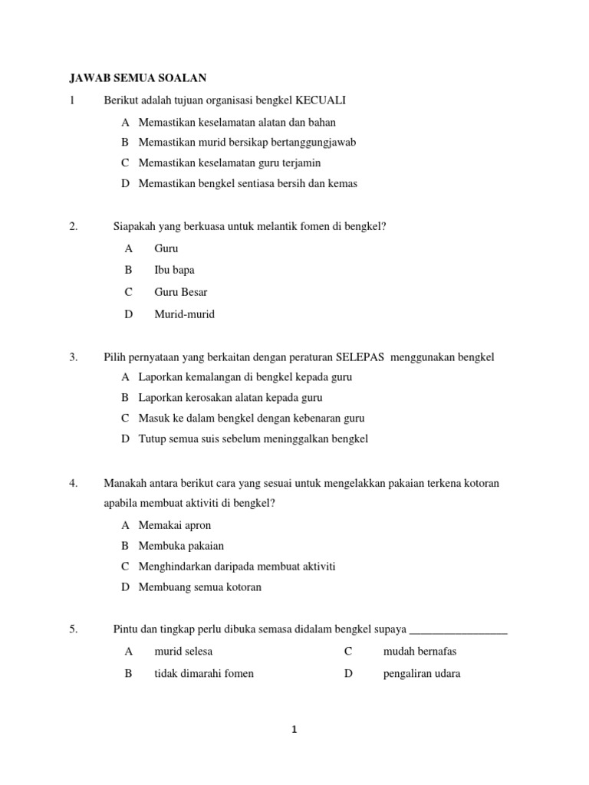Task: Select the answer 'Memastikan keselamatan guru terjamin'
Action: click(x=229, y=163)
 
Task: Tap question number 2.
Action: click(x=74, y=226)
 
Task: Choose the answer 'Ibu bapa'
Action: click(x=174, y=270)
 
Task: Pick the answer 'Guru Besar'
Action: click(x=180, y=292)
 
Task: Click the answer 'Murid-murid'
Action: click(x=184, y=314)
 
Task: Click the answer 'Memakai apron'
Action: click(x=174, y=525)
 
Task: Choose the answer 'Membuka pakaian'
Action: click(x=181, y=546)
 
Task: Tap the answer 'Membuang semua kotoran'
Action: click(x=199, y=587)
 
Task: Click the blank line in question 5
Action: click(x=459, y=630)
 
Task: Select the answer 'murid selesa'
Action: click(x=183, y=652)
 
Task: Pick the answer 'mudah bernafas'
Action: click(x=419, y=652)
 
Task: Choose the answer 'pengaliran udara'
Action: click(x=421, y=674)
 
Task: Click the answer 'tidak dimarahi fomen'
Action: click(x=203, y=674)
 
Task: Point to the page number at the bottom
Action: click(x=294, y=731)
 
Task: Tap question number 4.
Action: click(x=74, y=483)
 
